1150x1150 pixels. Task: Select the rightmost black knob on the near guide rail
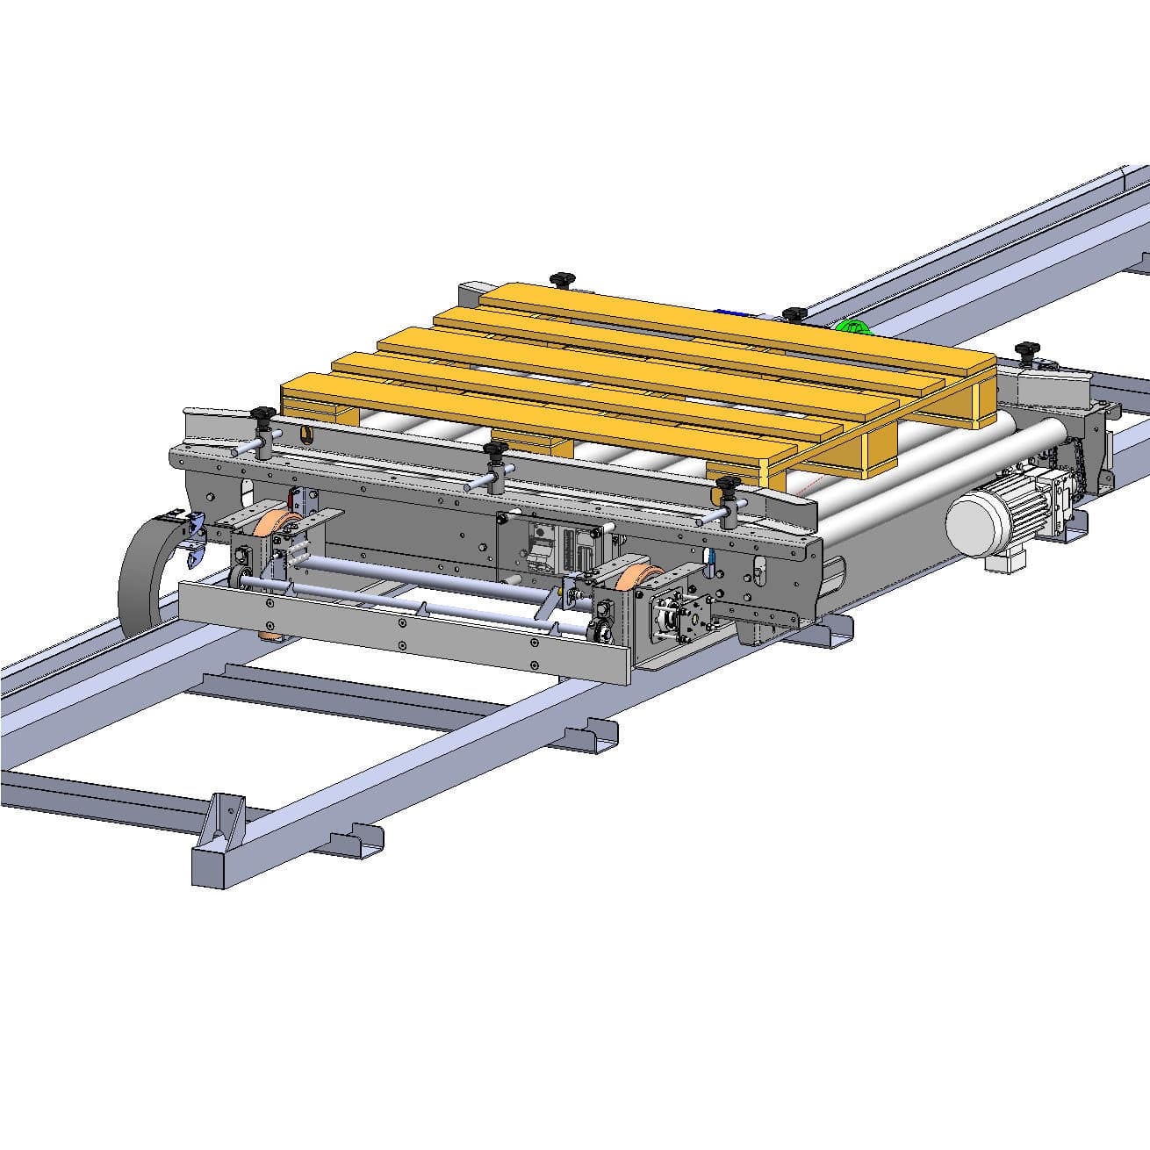[x=728, y=485]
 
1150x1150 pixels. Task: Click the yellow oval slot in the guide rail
[x=305, y=433]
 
